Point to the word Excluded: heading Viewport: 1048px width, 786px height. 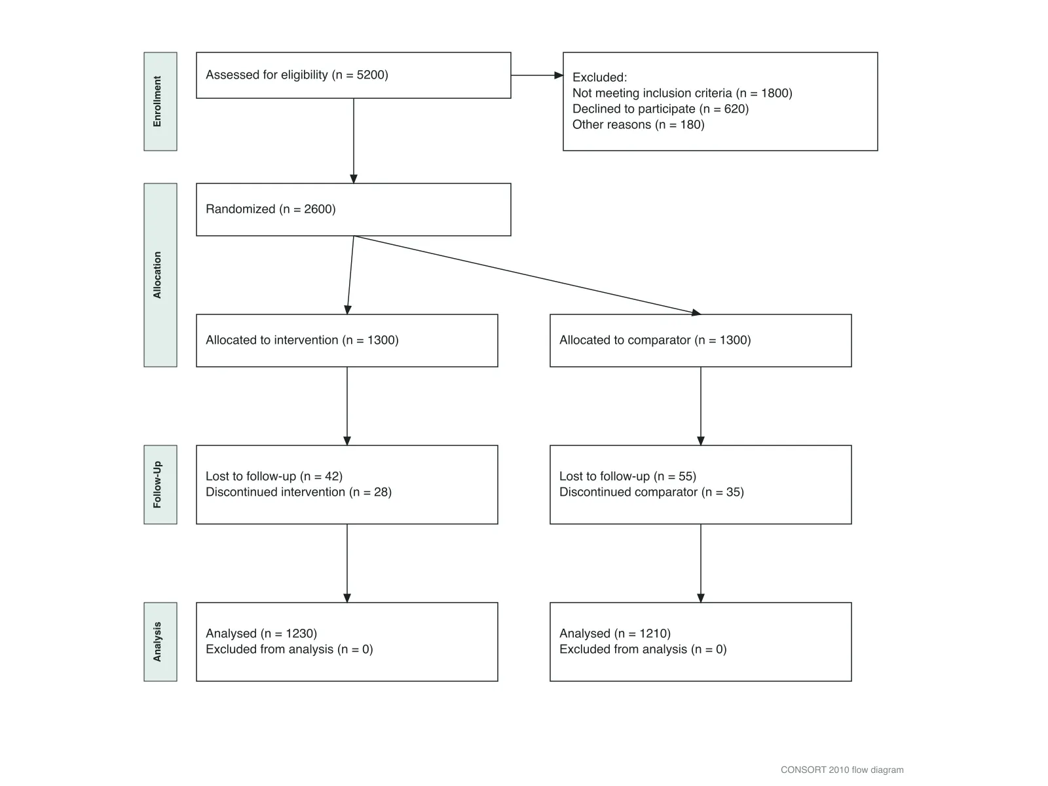[600, 77]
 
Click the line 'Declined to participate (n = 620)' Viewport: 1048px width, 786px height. [660, 109]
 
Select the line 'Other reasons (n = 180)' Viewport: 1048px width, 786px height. [639, 124]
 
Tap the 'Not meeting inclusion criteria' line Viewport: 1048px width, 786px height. [683, 93]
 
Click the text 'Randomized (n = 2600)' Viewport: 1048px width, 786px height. [271, 209]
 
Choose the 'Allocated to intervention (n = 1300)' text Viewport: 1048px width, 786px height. [302, 340]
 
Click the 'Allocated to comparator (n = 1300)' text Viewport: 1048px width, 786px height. [655, 340]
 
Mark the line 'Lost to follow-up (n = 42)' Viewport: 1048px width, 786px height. [274, 476]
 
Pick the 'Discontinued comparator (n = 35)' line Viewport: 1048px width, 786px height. [652, 492]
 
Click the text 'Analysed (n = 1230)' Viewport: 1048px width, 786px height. [261, 633]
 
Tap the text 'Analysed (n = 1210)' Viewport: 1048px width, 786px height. [615, 633]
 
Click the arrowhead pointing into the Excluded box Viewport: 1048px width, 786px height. [559, 75]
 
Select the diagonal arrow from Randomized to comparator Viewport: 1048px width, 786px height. [527, 275]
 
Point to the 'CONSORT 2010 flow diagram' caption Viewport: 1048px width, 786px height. [842, 770]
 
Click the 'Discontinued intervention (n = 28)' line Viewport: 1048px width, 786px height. [299, 492]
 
